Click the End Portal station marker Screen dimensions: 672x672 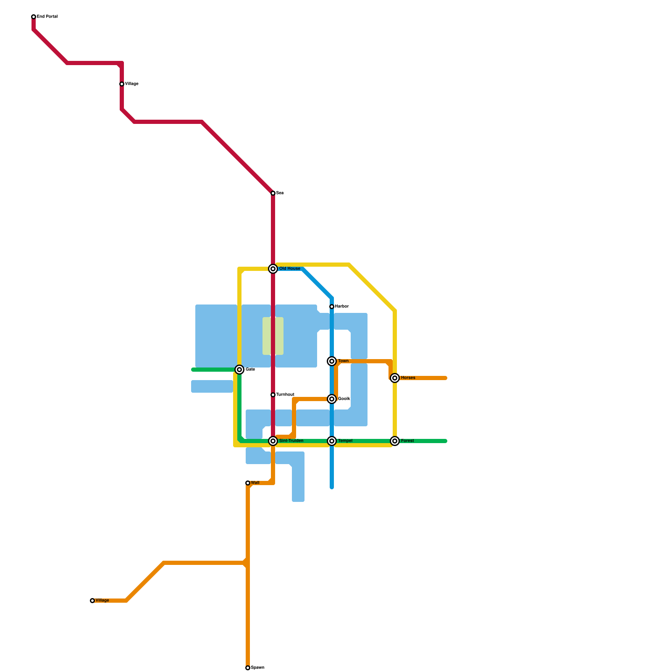[34, 17]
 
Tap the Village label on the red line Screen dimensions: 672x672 [131, 84]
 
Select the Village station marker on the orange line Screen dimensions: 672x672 [92, 601]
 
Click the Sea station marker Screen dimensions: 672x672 [273, 193]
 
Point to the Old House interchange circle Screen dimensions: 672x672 [273, 269]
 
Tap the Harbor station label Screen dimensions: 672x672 [341, 307]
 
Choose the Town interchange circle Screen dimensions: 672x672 [332, 361]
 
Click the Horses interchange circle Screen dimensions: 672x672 [395, 378]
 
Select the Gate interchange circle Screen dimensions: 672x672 [239, 370]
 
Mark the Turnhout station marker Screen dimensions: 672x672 [273, 395]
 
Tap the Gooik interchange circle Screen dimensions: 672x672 [332, 399]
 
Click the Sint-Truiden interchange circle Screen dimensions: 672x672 [273, 441]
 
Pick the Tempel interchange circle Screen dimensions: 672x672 [332, 441]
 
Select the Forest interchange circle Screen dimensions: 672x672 [395, 441]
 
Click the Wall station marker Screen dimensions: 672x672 [248, 483]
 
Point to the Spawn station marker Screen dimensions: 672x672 [248, 668]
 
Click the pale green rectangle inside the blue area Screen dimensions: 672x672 [273, 336]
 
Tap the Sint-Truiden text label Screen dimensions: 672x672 [291, 441]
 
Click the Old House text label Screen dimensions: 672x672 [290, 269]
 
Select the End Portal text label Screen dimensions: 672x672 [47, 17]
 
